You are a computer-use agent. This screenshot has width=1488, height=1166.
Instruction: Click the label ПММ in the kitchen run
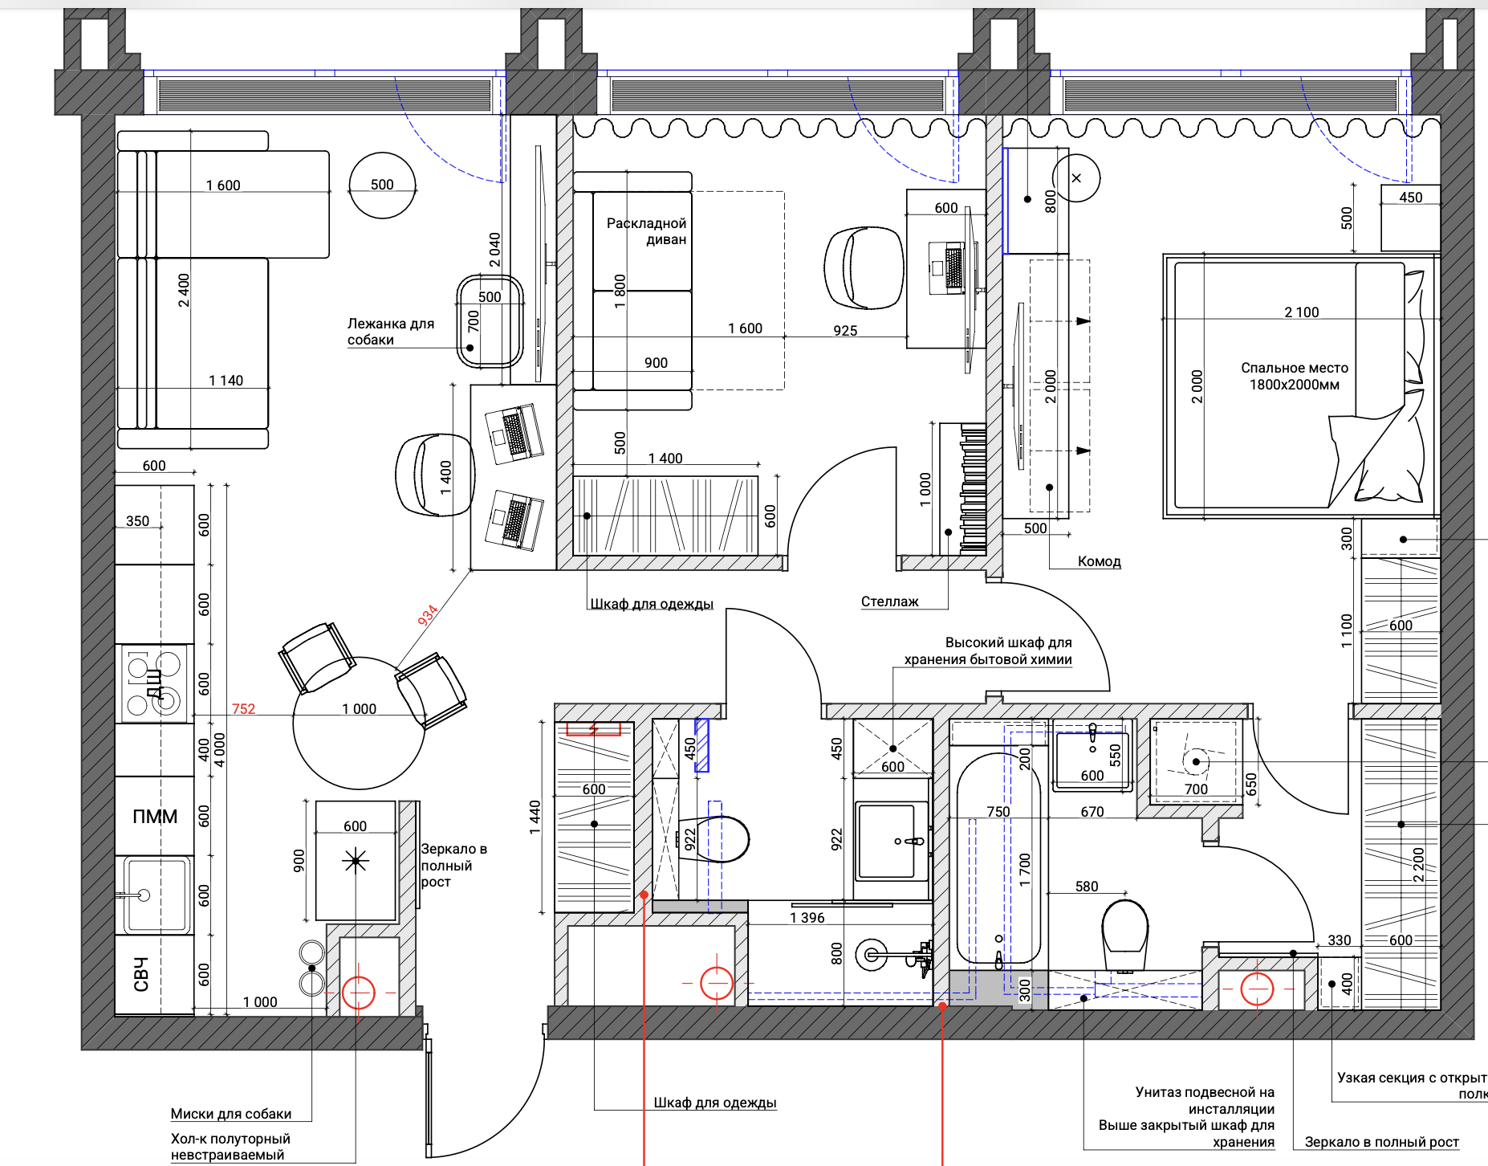tap(155, 817)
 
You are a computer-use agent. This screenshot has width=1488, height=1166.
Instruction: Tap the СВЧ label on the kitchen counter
tap(141, 974)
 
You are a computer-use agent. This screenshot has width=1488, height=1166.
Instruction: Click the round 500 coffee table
tap(383, 185)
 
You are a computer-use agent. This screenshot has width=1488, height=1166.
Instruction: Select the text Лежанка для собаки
tap(391, 332)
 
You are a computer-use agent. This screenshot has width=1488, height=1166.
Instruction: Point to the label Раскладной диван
tap(647, 231)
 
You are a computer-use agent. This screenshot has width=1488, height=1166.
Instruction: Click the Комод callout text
tap(1099, 561)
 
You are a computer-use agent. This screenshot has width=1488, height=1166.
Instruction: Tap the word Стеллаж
tap(890, 601)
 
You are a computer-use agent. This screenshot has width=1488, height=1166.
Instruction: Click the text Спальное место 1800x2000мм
tap(1295, 376)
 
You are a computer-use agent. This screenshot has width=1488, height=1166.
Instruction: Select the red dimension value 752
tap(243, 709)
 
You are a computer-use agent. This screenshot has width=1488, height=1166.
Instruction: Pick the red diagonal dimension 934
tap(428, 615)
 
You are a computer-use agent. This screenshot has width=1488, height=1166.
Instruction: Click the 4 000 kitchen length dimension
tap(220, 750)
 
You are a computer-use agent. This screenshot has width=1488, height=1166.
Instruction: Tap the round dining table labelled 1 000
tap(359, 724)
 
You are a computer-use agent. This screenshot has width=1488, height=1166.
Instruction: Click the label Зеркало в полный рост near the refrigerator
tap(454, 865)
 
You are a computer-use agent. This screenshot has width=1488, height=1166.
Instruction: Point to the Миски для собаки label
tap(231, 1114)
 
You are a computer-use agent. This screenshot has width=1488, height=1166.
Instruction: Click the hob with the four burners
tap(155, 683)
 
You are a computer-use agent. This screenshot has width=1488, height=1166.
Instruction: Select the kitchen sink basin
tap(157, 895)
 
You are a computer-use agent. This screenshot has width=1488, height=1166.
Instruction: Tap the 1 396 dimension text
tap(807, 918)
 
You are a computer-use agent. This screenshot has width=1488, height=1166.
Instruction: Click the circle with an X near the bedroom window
tap(1076, 178)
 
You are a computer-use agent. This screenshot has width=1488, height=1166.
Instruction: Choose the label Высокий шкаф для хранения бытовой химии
tap(989, 651)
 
